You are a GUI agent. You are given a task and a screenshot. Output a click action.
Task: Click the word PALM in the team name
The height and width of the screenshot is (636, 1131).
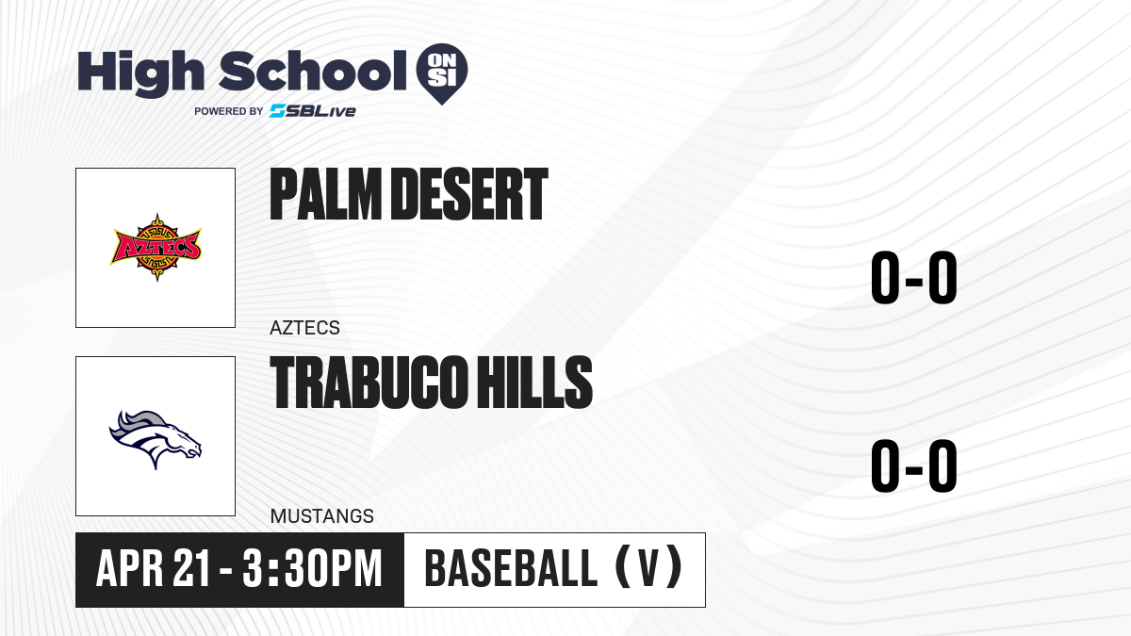point(325,194)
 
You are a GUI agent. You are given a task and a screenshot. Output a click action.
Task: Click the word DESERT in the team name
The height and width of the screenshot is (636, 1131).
point(469,194)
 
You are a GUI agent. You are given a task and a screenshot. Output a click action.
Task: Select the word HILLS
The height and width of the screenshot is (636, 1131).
point(534,382)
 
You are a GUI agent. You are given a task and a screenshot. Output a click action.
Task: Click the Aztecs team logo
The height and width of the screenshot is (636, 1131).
point(156,247)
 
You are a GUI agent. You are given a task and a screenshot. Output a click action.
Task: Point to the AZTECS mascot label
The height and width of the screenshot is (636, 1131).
point(304,328)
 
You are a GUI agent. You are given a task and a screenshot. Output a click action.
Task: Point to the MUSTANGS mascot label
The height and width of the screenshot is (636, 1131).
point(322,516)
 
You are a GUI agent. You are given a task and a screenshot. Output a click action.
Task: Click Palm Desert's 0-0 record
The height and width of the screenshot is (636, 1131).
point(914,278)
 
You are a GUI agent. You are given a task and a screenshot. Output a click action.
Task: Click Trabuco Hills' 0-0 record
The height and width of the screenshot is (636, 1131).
point(914,465)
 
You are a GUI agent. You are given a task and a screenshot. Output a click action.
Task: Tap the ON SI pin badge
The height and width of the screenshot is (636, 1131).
point(442,73)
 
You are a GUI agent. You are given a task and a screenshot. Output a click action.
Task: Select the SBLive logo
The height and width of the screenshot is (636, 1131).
point(313,111)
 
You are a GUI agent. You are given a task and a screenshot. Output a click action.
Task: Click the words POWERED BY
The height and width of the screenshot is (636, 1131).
point(229,111)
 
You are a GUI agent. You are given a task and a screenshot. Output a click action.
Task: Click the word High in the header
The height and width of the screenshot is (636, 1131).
point(140,73)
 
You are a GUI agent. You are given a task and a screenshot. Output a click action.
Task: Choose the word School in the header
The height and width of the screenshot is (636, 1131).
point(313,72)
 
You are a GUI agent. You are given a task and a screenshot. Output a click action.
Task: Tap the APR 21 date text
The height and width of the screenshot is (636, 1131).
point(152,568)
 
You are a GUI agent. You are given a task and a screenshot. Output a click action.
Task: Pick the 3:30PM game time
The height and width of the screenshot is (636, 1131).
point(312,568)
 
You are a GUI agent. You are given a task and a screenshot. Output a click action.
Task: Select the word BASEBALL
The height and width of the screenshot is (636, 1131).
point(512,568)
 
